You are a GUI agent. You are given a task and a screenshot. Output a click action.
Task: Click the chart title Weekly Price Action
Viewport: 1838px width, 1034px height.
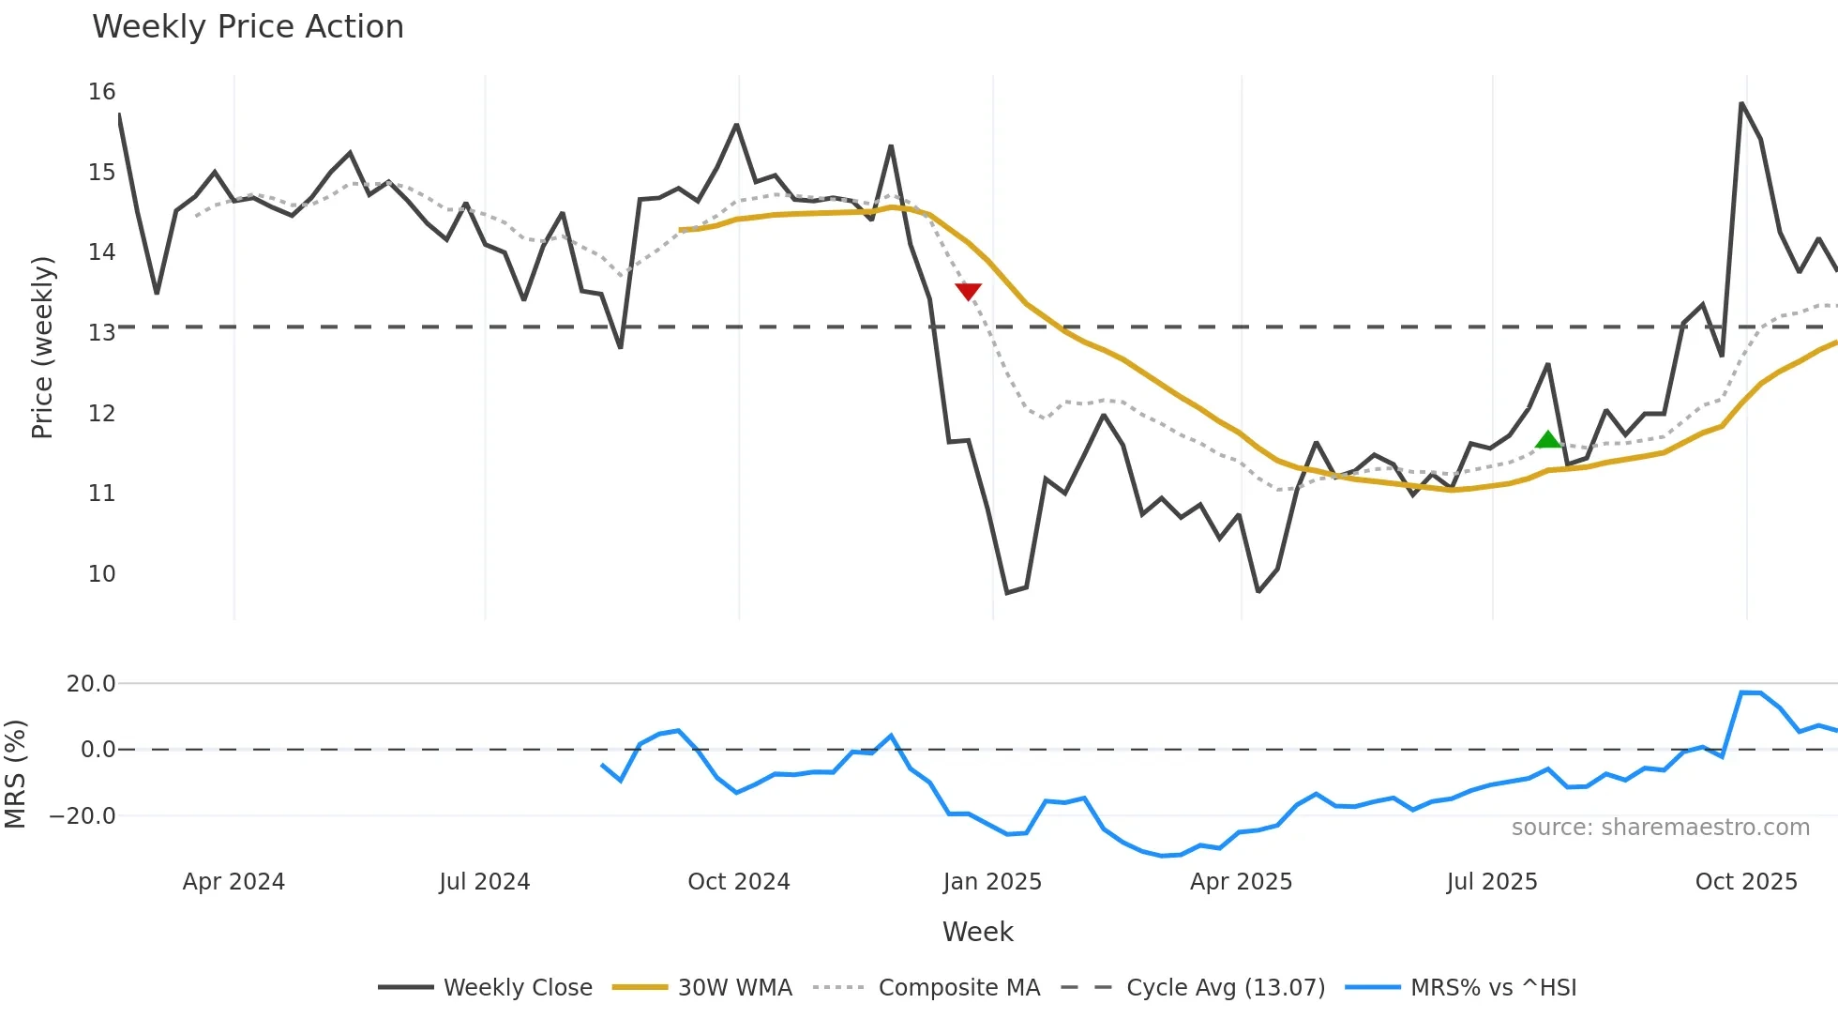[x=248, y=27]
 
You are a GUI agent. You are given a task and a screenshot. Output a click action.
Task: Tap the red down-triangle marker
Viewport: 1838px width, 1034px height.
[x=968, y=291]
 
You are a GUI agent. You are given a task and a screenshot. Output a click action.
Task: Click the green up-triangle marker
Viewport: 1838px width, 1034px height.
[x=1548, y=439]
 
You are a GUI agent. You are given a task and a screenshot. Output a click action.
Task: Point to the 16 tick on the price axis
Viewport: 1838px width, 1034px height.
[x=102, y=92]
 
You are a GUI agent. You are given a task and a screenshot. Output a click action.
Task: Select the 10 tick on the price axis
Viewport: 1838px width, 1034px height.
[x=102, y=574]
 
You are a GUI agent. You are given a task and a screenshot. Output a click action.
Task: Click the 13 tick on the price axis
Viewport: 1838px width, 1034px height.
[x=102, y=333]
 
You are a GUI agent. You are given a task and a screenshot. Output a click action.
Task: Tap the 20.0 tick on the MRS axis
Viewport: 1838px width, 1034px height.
[x=91, y=684]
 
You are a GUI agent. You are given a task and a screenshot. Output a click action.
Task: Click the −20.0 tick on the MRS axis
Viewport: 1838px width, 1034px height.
[x=83, y=816]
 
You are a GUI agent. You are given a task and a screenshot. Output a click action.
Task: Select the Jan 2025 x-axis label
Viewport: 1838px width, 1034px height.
[x=992, y=882]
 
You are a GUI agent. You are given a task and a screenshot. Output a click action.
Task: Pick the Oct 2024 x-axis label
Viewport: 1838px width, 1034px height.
[x=739, y=882]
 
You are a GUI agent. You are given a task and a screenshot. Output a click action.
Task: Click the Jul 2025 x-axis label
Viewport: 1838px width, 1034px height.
[x=1492, y=882]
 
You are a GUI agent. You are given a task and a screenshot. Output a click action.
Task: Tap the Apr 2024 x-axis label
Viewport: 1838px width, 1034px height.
[x=234, y=882]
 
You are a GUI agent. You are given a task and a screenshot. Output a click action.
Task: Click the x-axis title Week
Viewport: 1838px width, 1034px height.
[x=977, y=932]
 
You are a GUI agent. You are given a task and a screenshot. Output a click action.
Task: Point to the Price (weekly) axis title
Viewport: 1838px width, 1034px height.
[x=42, y=347]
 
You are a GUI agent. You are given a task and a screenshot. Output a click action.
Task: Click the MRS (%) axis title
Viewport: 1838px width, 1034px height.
[x=15, y=774]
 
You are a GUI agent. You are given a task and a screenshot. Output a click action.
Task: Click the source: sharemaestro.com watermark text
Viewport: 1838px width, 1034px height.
[x=1660, y=828]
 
